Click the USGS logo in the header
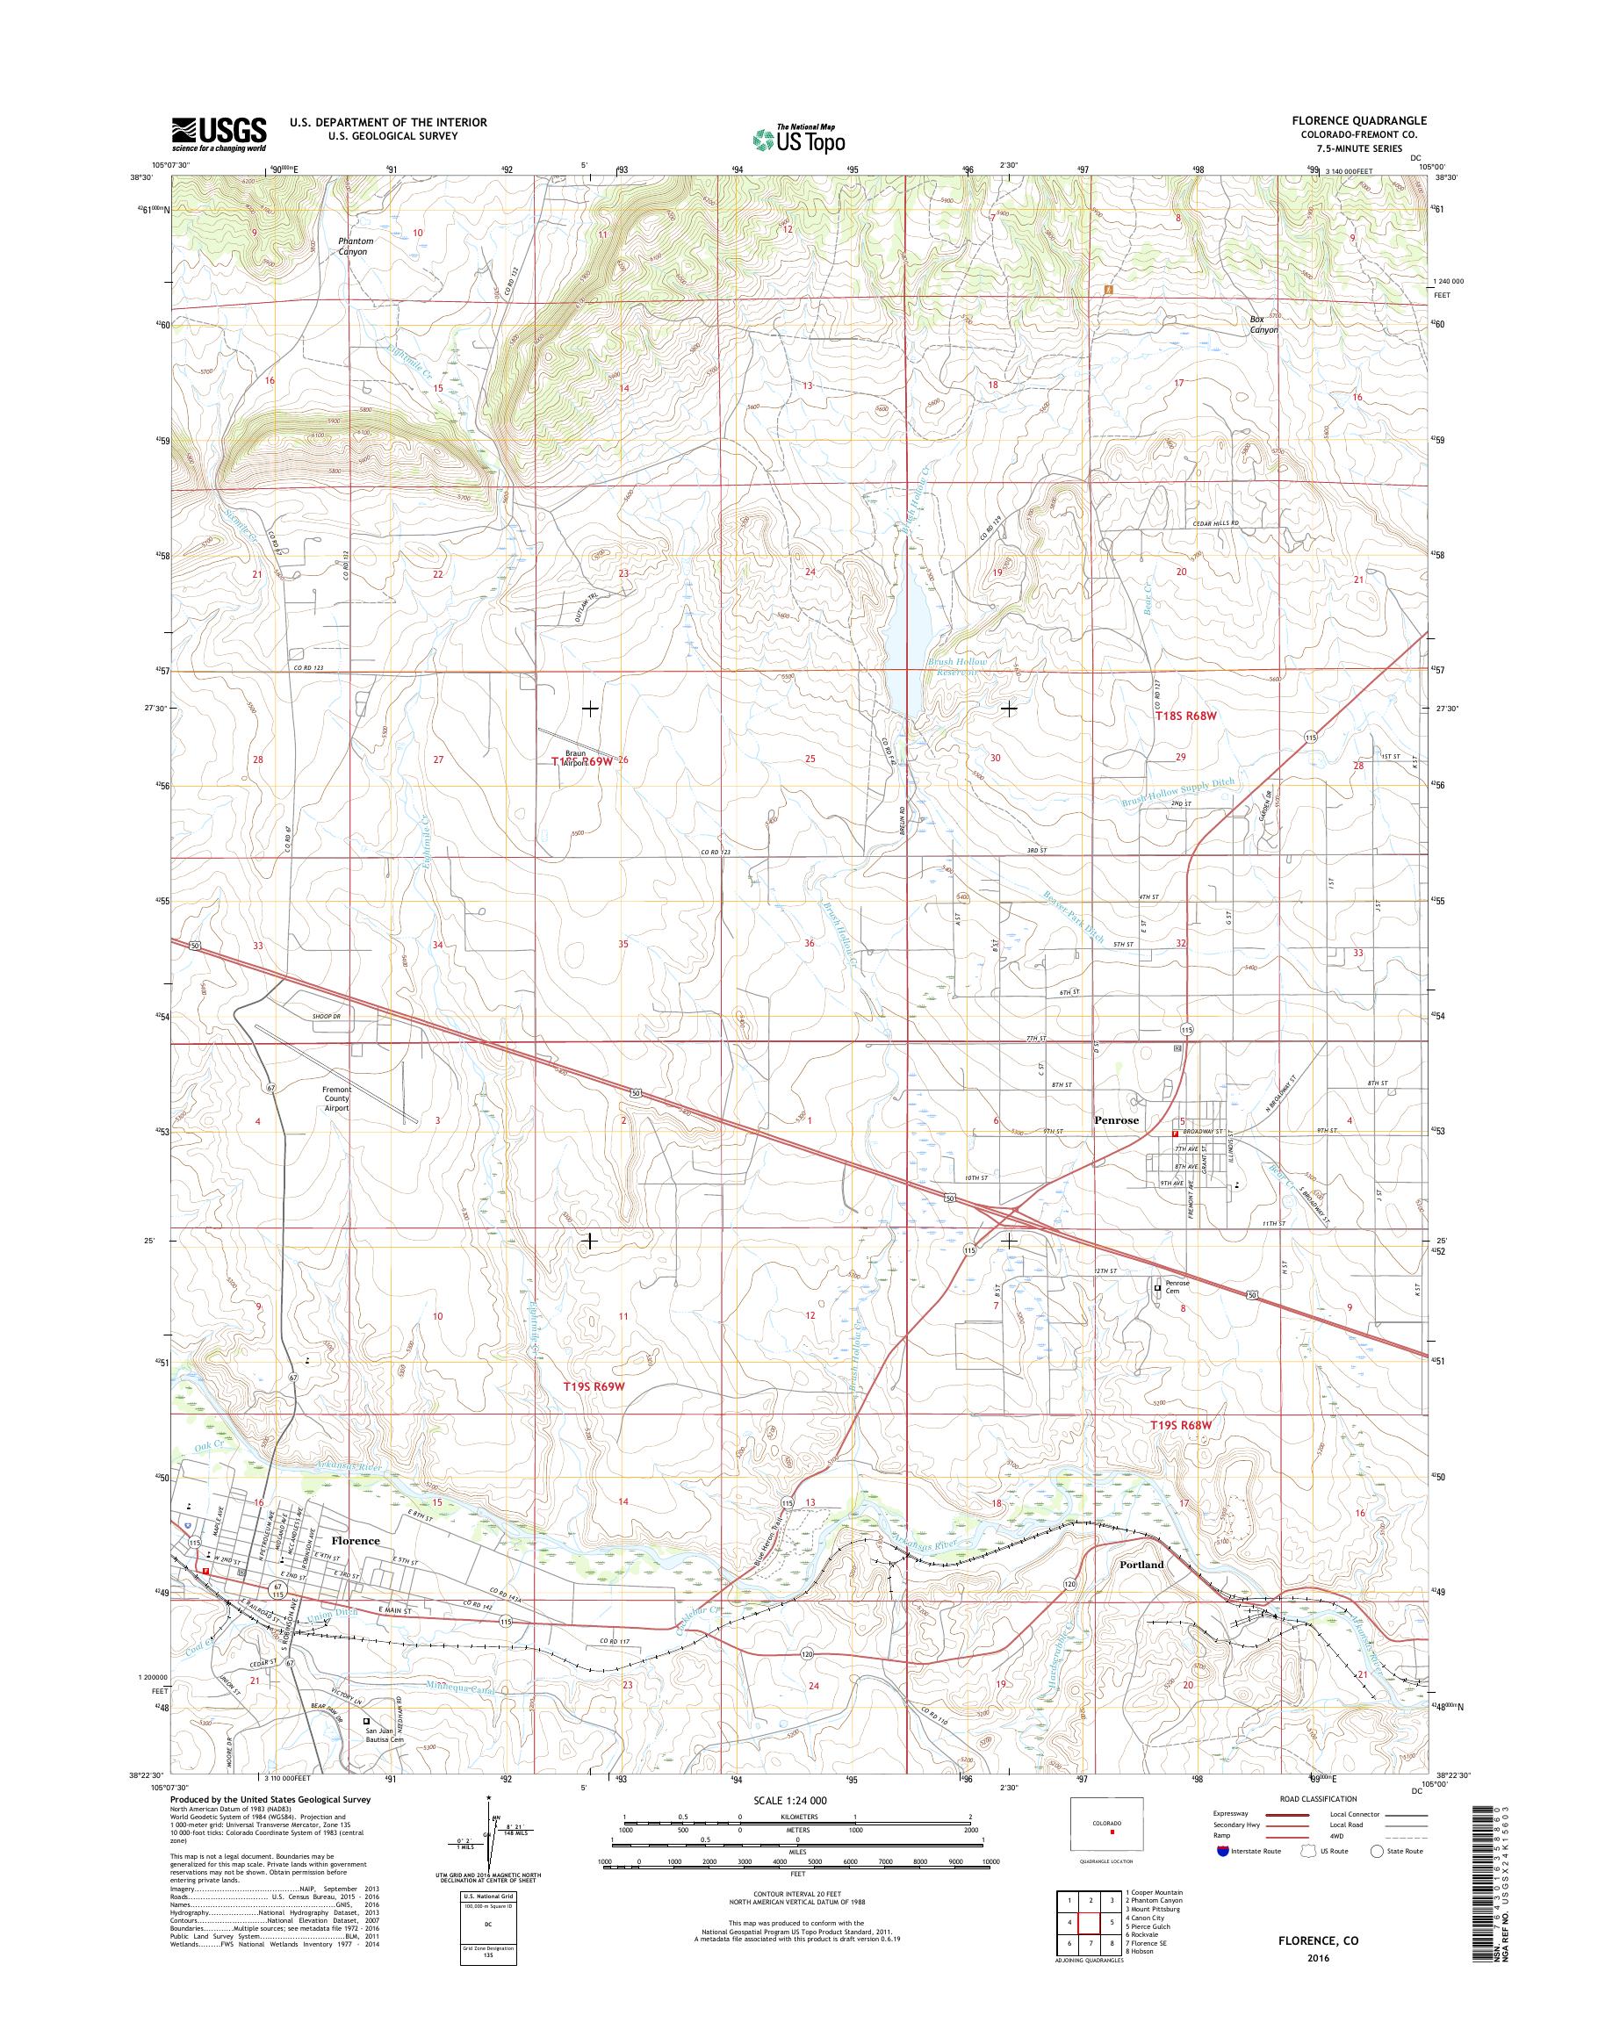coord(219,133)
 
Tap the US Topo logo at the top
coord(798,139)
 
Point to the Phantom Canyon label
coord(356,246)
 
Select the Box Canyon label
coord(1264,325)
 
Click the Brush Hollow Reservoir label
coord(956,666)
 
